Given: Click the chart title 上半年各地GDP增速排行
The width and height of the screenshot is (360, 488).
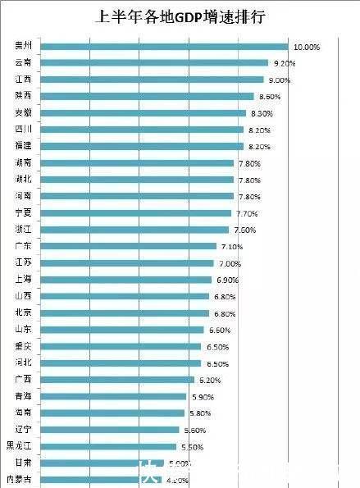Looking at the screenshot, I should (180, 16).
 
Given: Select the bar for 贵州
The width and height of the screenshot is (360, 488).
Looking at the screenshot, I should (164, 47).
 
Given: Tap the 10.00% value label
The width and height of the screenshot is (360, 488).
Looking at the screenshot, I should (306, 47).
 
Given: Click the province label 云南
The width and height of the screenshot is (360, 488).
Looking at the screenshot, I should (24, 63).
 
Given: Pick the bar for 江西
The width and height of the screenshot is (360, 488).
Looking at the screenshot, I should (152, 80).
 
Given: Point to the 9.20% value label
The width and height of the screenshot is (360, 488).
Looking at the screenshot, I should (285, 63).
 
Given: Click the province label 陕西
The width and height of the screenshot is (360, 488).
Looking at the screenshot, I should (24, 96).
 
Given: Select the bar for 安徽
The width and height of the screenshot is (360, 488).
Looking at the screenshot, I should (143, 113).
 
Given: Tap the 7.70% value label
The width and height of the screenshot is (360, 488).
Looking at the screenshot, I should (247, 213).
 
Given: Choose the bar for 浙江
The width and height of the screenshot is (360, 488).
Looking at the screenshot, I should (134, 230).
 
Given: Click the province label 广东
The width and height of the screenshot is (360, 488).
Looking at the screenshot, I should (24, 246).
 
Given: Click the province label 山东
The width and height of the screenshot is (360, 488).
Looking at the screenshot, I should (24, 330).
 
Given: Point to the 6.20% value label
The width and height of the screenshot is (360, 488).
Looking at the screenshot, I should (209, 380).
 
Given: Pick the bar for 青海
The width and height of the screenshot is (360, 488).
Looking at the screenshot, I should (113, 396).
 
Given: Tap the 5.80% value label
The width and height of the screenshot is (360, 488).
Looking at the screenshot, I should (199, 413).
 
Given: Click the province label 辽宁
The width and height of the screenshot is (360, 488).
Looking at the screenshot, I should (24, 430).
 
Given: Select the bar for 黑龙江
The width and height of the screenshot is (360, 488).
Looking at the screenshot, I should (108, 446).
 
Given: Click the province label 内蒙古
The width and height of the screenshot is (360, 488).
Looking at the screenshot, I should (21, 479).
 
